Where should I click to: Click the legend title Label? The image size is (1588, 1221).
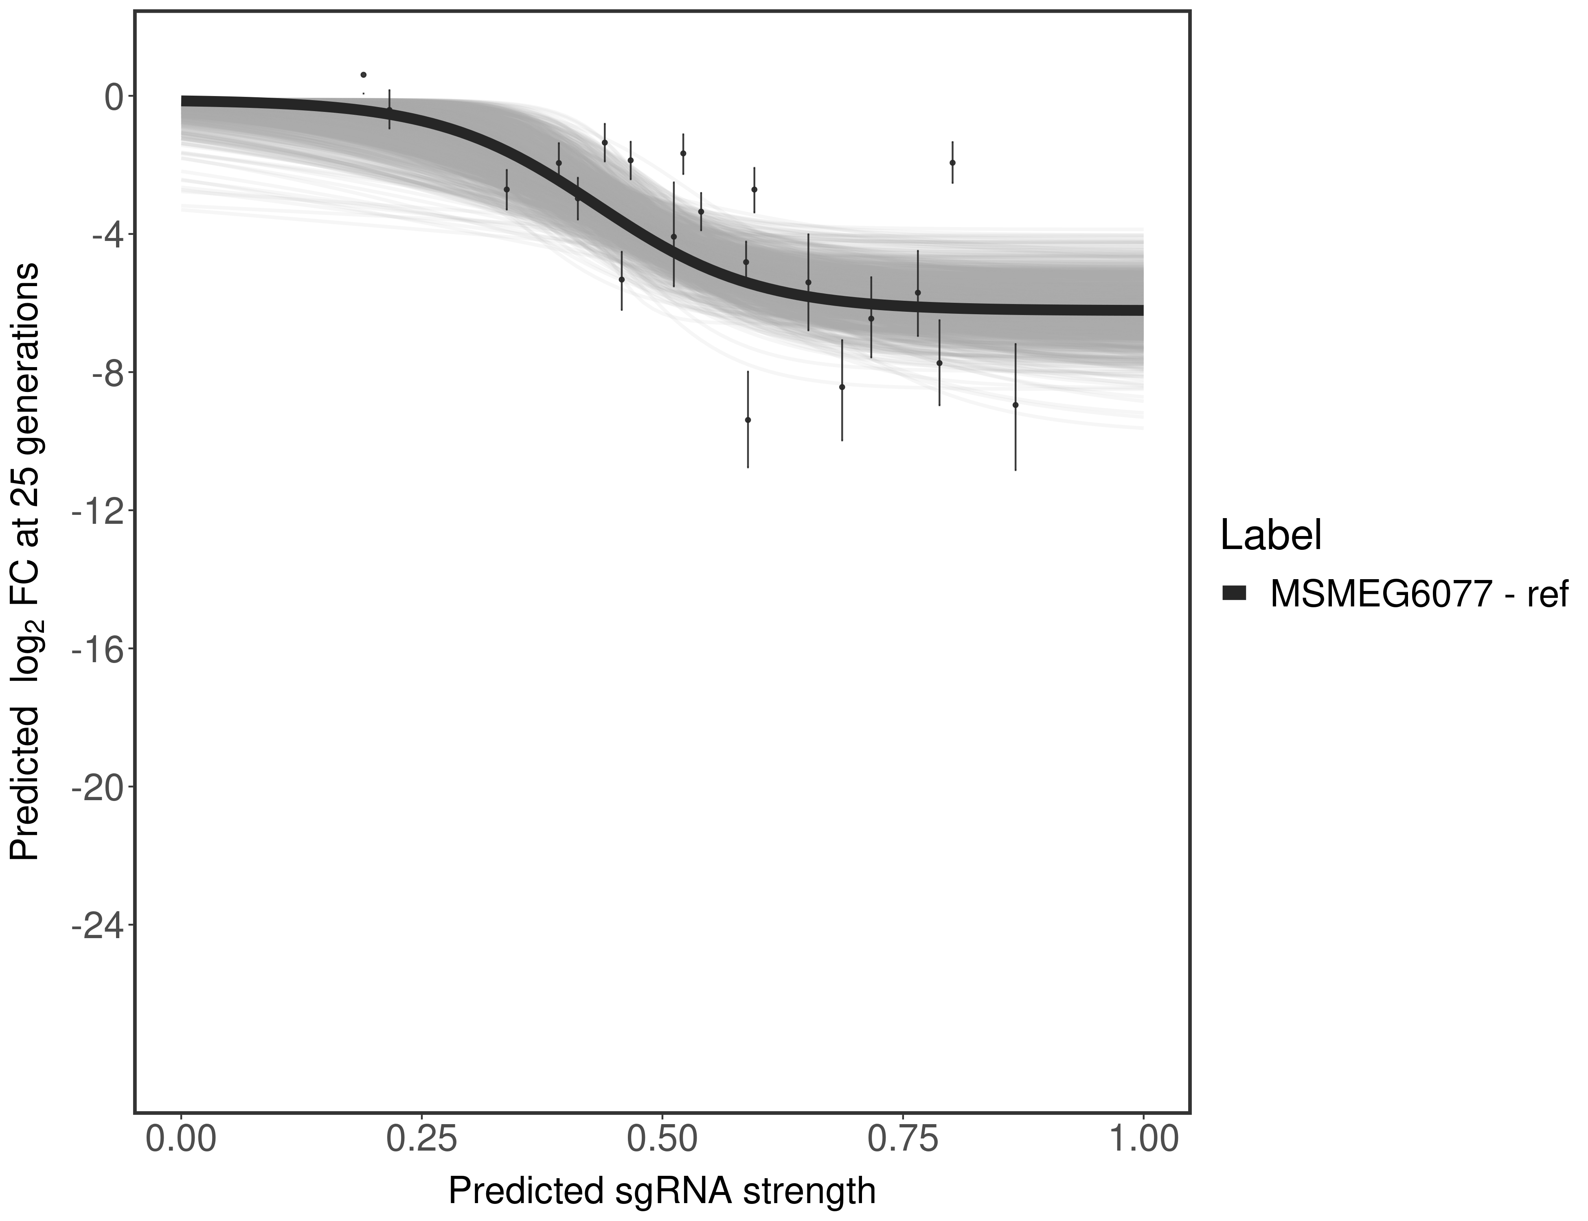1271,536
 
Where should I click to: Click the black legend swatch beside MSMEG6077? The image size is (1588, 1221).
1234,594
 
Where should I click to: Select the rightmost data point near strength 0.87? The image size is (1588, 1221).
1015,405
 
